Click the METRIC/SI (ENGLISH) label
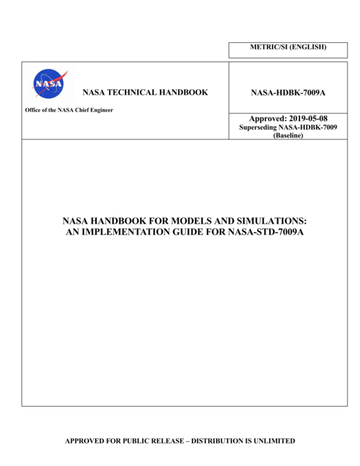[288, 47]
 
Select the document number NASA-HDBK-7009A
[288, 92]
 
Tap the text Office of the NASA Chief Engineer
[69, 110]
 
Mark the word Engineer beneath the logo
[100, 110]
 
